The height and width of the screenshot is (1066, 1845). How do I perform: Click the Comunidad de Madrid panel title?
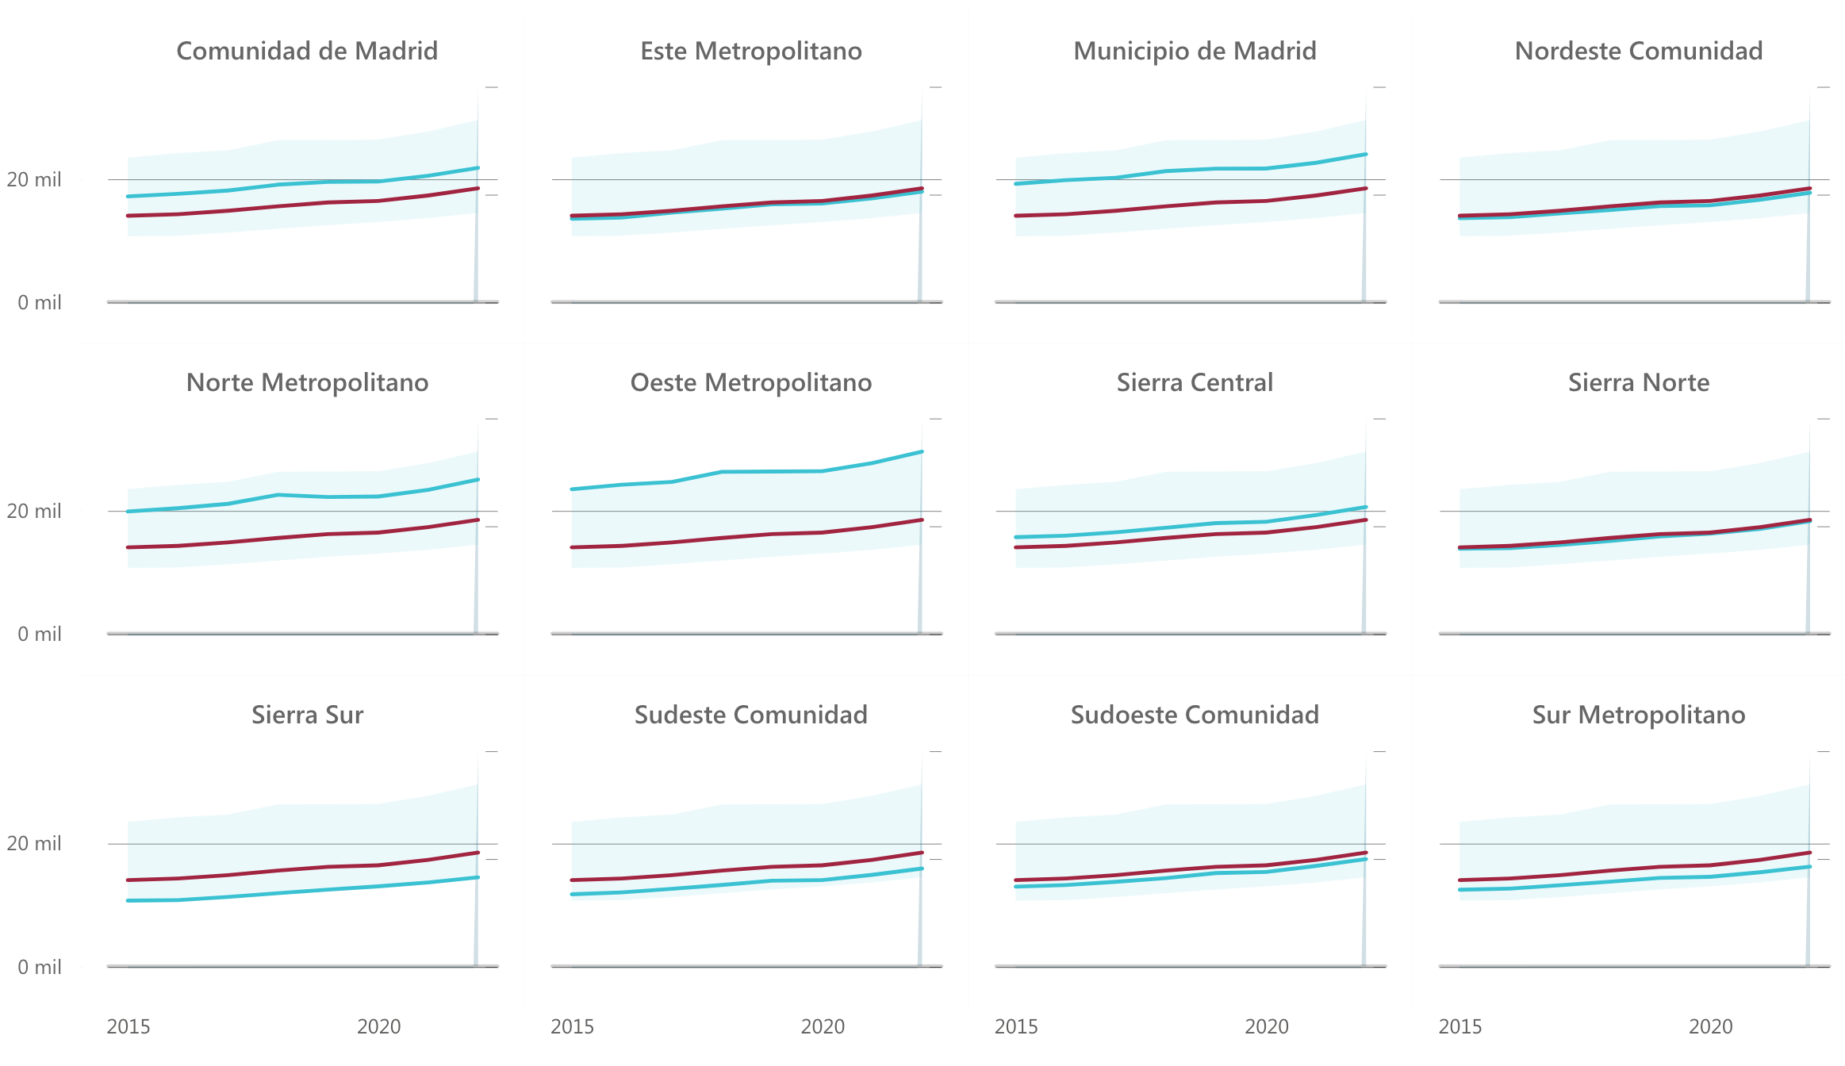click(x=306, y=51)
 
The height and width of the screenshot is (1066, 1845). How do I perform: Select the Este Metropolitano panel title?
click(x=750, y=51)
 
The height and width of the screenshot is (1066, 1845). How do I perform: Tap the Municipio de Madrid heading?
click(x=1195, y=51)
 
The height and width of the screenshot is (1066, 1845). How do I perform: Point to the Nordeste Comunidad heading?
click(x=1638, y=51)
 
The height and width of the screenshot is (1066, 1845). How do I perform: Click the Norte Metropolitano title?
click(x=306, y=382)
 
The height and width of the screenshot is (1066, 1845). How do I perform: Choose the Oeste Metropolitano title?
click(x=750, y=382)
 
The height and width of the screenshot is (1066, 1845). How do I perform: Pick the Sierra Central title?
click(x=1195, y=382)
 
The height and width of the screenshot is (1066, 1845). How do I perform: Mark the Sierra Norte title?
click(x=1638, y=382)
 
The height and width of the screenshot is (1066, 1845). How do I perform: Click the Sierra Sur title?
click(x=306, y=715)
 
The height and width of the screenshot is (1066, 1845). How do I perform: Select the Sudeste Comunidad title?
click(x=750, y=715)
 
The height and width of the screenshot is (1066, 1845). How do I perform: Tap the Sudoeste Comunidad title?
click(x=1195, y=715)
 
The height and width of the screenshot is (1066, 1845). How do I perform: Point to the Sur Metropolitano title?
click(x=1638, y=715)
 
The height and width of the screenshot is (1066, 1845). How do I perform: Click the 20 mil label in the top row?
click(x=34, y=180)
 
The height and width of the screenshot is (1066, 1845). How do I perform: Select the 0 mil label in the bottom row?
click(x=40, y=967)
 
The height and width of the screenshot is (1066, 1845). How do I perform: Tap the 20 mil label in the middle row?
click(x=34, y=512)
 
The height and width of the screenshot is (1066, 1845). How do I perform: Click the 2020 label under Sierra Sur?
click(x=378, y=1026)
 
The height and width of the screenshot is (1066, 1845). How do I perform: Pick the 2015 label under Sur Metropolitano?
click(x=1460, y=1026)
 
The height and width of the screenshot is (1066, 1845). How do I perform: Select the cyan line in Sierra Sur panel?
click(x=278, y=894)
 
